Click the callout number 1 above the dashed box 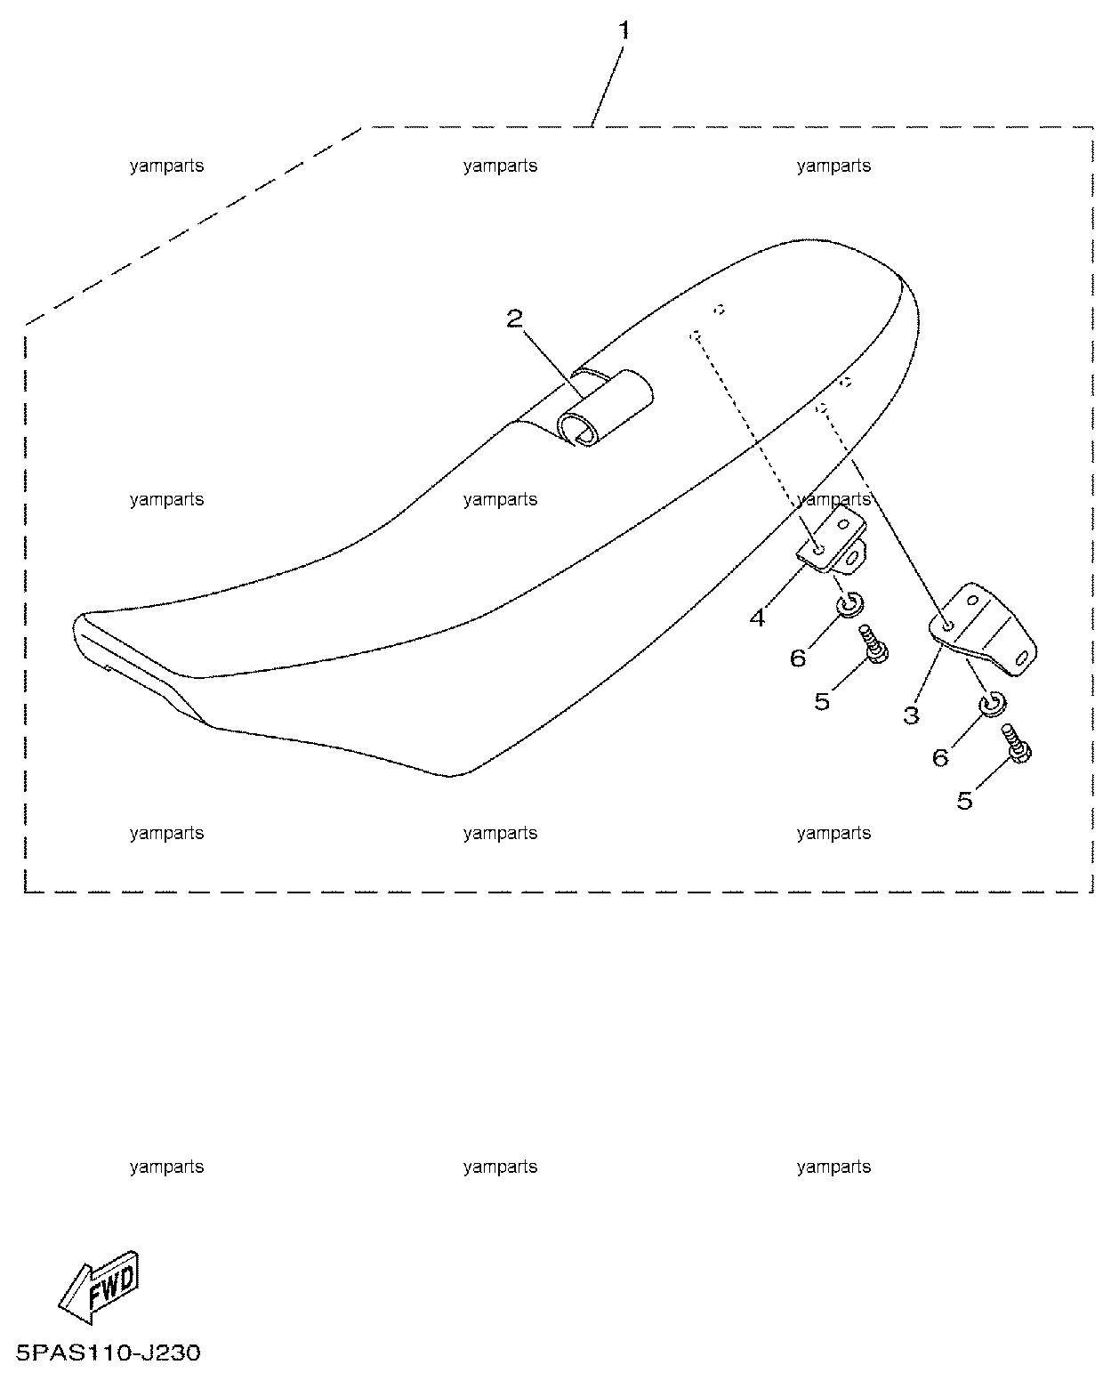tap(624, 30)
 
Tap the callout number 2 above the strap tap(514, 319)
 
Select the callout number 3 tap(911, 715)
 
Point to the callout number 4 tap(758, 618)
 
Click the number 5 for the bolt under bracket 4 tap(822, 701)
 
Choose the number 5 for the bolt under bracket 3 tap(965, 800)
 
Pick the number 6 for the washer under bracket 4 tap(797, 658)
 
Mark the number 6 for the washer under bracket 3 tap(939, 758)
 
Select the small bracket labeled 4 tap(832, 540)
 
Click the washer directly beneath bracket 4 tap(849, 604)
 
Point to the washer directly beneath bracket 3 tap(993, 703)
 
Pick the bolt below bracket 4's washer tap(874, 643)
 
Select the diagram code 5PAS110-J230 tap(109, 1353)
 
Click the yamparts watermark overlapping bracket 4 tap(833, 498)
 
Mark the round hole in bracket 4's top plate tap(818, 550)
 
